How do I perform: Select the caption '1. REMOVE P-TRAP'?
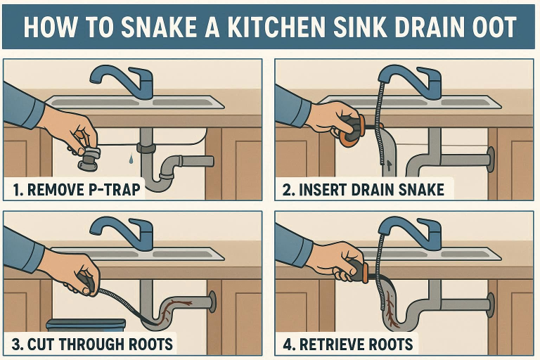(x=75, y=189)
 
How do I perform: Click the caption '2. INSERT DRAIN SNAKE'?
(x=364, y=189)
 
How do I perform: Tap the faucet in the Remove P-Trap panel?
(x=127, y=79)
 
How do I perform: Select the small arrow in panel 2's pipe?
(x=385, y=167)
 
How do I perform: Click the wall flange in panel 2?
(x=490, y=160)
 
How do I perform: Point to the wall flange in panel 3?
(x=212, y=302)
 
